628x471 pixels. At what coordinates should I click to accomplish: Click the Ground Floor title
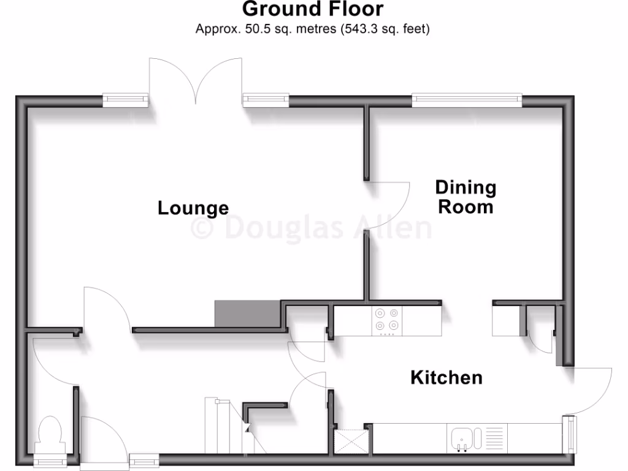pos(313,9)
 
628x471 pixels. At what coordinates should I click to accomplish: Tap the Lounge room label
pos(193,208)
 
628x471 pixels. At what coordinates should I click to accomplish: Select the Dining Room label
pos(465,196)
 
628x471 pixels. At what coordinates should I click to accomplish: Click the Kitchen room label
pos(446,377)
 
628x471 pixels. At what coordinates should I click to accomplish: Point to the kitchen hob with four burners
pos(387,321)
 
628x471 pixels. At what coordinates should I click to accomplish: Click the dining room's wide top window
pos(467,99)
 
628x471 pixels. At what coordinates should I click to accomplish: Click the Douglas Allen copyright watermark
pos(312,228)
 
